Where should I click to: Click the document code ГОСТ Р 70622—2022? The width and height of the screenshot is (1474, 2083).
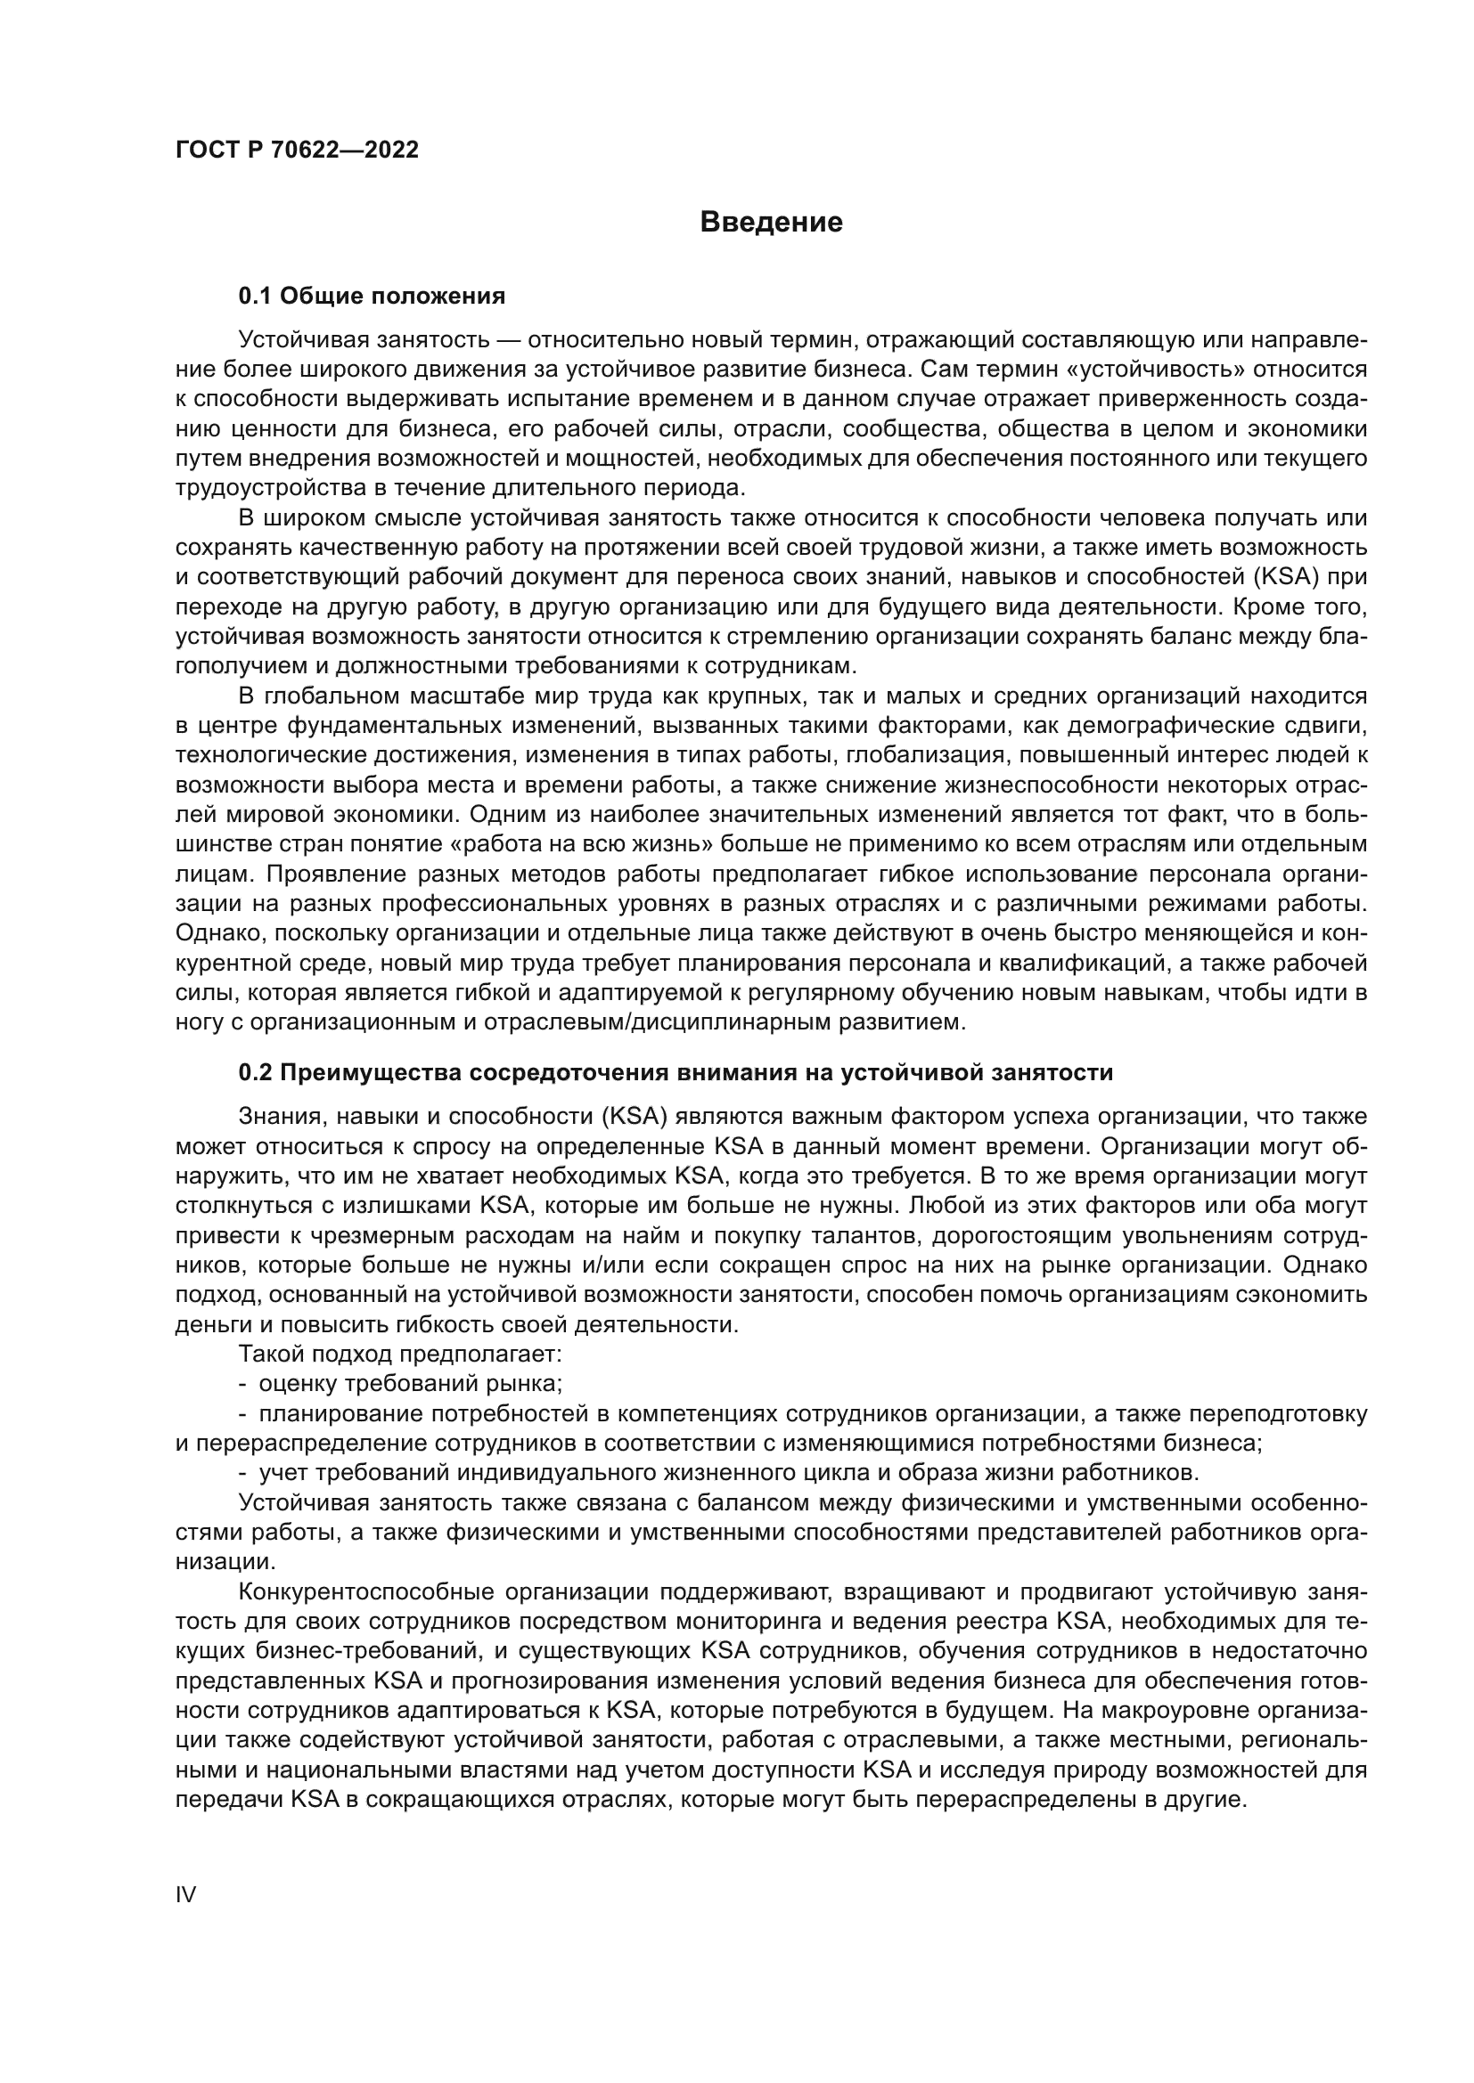(297, 150)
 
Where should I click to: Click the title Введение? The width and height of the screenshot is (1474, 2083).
(772, 222)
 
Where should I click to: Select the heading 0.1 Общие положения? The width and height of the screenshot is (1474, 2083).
(372, 296)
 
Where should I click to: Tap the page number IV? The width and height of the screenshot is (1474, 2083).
(185, 1894)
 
